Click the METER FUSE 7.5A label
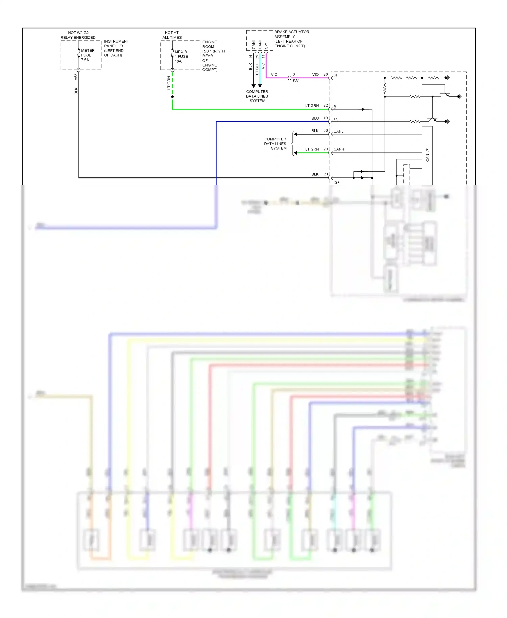tap(87, 55)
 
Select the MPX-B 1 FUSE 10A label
tap(181, 56)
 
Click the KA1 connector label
tap(296, 81)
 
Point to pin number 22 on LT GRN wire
tap(325, 105)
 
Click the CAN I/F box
tap(427, 156)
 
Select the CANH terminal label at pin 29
tap(339, 149)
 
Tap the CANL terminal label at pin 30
tap(338, 131)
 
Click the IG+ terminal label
tap(336, 182)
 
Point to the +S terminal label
tap(336, 119)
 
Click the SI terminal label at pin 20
tap(335, 75)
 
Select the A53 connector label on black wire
tap(76, 77)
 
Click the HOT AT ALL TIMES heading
tap(172, 35)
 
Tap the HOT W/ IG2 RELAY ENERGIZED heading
tap(78, 35)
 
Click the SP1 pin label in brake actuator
tap(266, 45)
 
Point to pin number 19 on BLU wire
tap(325, 118)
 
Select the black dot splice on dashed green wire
tap(172, 97)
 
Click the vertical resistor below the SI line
tap(385, 88)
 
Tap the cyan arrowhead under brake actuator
tap(260, 86)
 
